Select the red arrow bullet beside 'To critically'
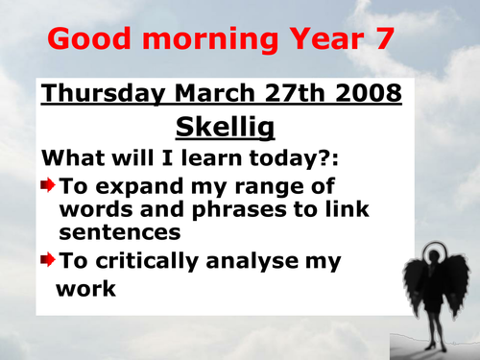49,258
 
